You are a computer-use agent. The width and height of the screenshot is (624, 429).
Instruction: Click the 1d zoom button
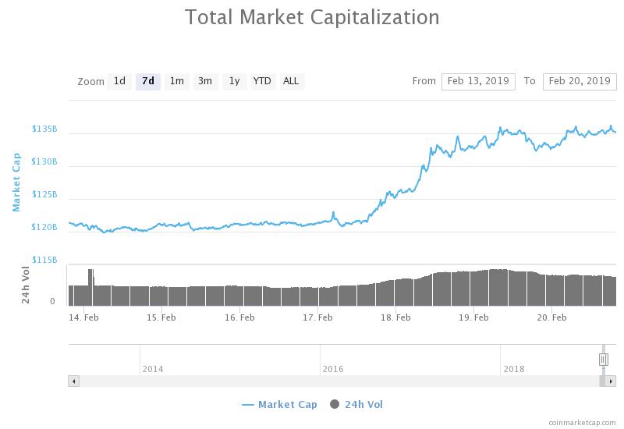[119, 82]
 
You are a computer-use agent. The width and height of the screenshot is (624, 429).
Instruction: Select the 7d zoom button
[148, 82]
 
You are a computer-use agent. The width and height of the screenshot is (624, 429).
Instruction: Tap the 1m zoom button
[177, 82]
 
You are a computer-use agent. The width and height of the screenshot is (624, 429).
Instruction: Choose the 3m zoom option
[205, 82]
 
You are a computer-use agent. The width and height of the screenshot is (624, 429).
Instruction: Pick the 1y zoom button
[235, 82]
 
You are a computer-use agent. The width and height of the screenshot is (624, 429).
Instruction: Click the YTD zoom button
[263, 82]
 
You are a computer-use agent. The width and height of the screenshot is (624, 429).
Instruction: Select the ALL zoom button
[291, 82]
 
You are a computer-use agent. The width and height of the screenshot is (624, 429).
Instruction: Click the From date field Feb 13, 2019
[478, 82]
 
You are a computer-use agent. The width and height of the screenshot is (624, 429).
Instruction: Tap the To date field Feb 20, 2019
[580, 82]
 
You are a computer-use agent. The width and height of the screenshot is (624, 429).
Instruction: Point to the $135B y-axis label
[44, 129]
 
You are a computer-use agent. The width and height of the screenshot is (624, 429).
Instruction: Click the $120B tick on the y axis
[44, 227]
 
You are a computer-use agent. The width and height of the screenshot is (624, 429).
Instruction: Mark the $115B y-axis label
[44, 260]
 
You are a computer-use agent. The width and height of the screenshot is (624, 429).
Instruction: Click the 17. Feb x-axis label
[317, 317]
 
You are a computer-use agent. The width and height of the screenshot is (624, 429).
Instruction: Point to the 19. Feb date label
[473, 317]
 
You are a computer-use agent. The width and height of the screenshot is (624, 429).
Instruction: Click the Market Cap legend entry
[279, 405]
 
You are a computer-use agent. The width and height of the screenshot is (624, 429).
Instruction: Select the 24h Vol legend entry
[356, 405]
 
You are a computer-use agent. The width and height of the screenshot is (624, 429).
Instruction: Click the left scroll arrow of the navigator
[73, 381]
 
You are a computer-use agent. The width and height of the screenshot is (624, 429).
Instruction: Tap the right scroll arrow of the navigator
[611, 381]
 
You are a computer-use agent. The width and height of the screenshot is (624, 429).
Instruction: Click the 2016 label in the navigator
[333, 369]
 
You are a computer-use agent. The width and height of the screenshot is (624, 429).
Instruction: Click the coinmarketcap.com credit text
[582, 423]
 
